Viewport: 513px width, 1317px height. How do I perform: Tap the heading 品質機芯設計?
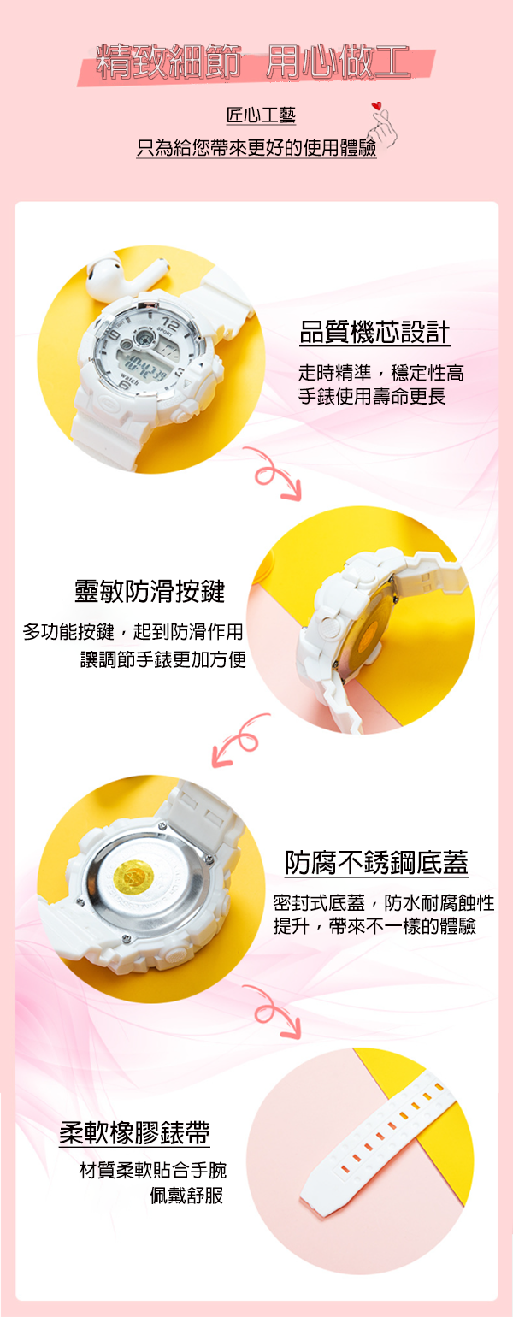(x=374, y=332)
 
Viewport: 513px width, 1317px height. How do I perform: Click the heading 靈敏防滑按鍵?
(x=150, y=591)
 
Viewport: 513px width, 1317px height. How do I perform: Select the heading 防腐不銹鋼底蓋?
(x=376, y=863)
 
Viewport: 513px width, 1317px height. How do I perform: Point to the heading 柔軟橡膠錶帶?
(x=134, y=1133)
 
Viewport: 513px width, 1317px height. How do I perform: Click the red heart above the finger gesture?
(x=377, y=106)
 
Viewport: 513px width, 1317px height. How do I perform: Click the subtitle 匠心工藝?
(x=261, y=115)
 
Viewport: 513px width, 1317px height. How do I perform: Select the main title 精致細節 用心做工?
(x=253, y=62)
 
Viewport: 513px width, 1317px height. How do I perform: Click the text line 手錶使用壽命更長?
(x=373, y=396)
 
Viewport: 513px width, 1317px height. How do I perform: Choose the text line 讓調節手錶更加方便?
(x=163, y=659)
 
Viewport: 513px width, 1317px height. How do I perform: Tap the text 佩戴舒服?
(x=187, y=1196)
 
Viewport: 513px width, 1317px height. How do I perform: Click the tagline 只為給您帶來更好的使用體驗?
(x=256, y=148)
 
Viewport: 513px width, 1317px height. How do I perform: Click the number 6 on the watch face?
(x=123, y=385)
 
